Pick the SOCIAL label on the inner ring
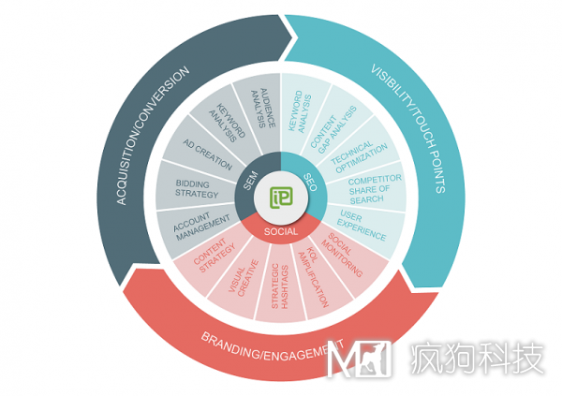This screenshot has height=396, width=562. click(x=281, y=231)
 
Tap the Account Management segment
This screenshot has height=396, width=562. click(x=201, y=226)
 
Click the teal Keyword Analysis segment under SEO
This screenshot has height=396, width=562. click(x=301, y=110)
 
